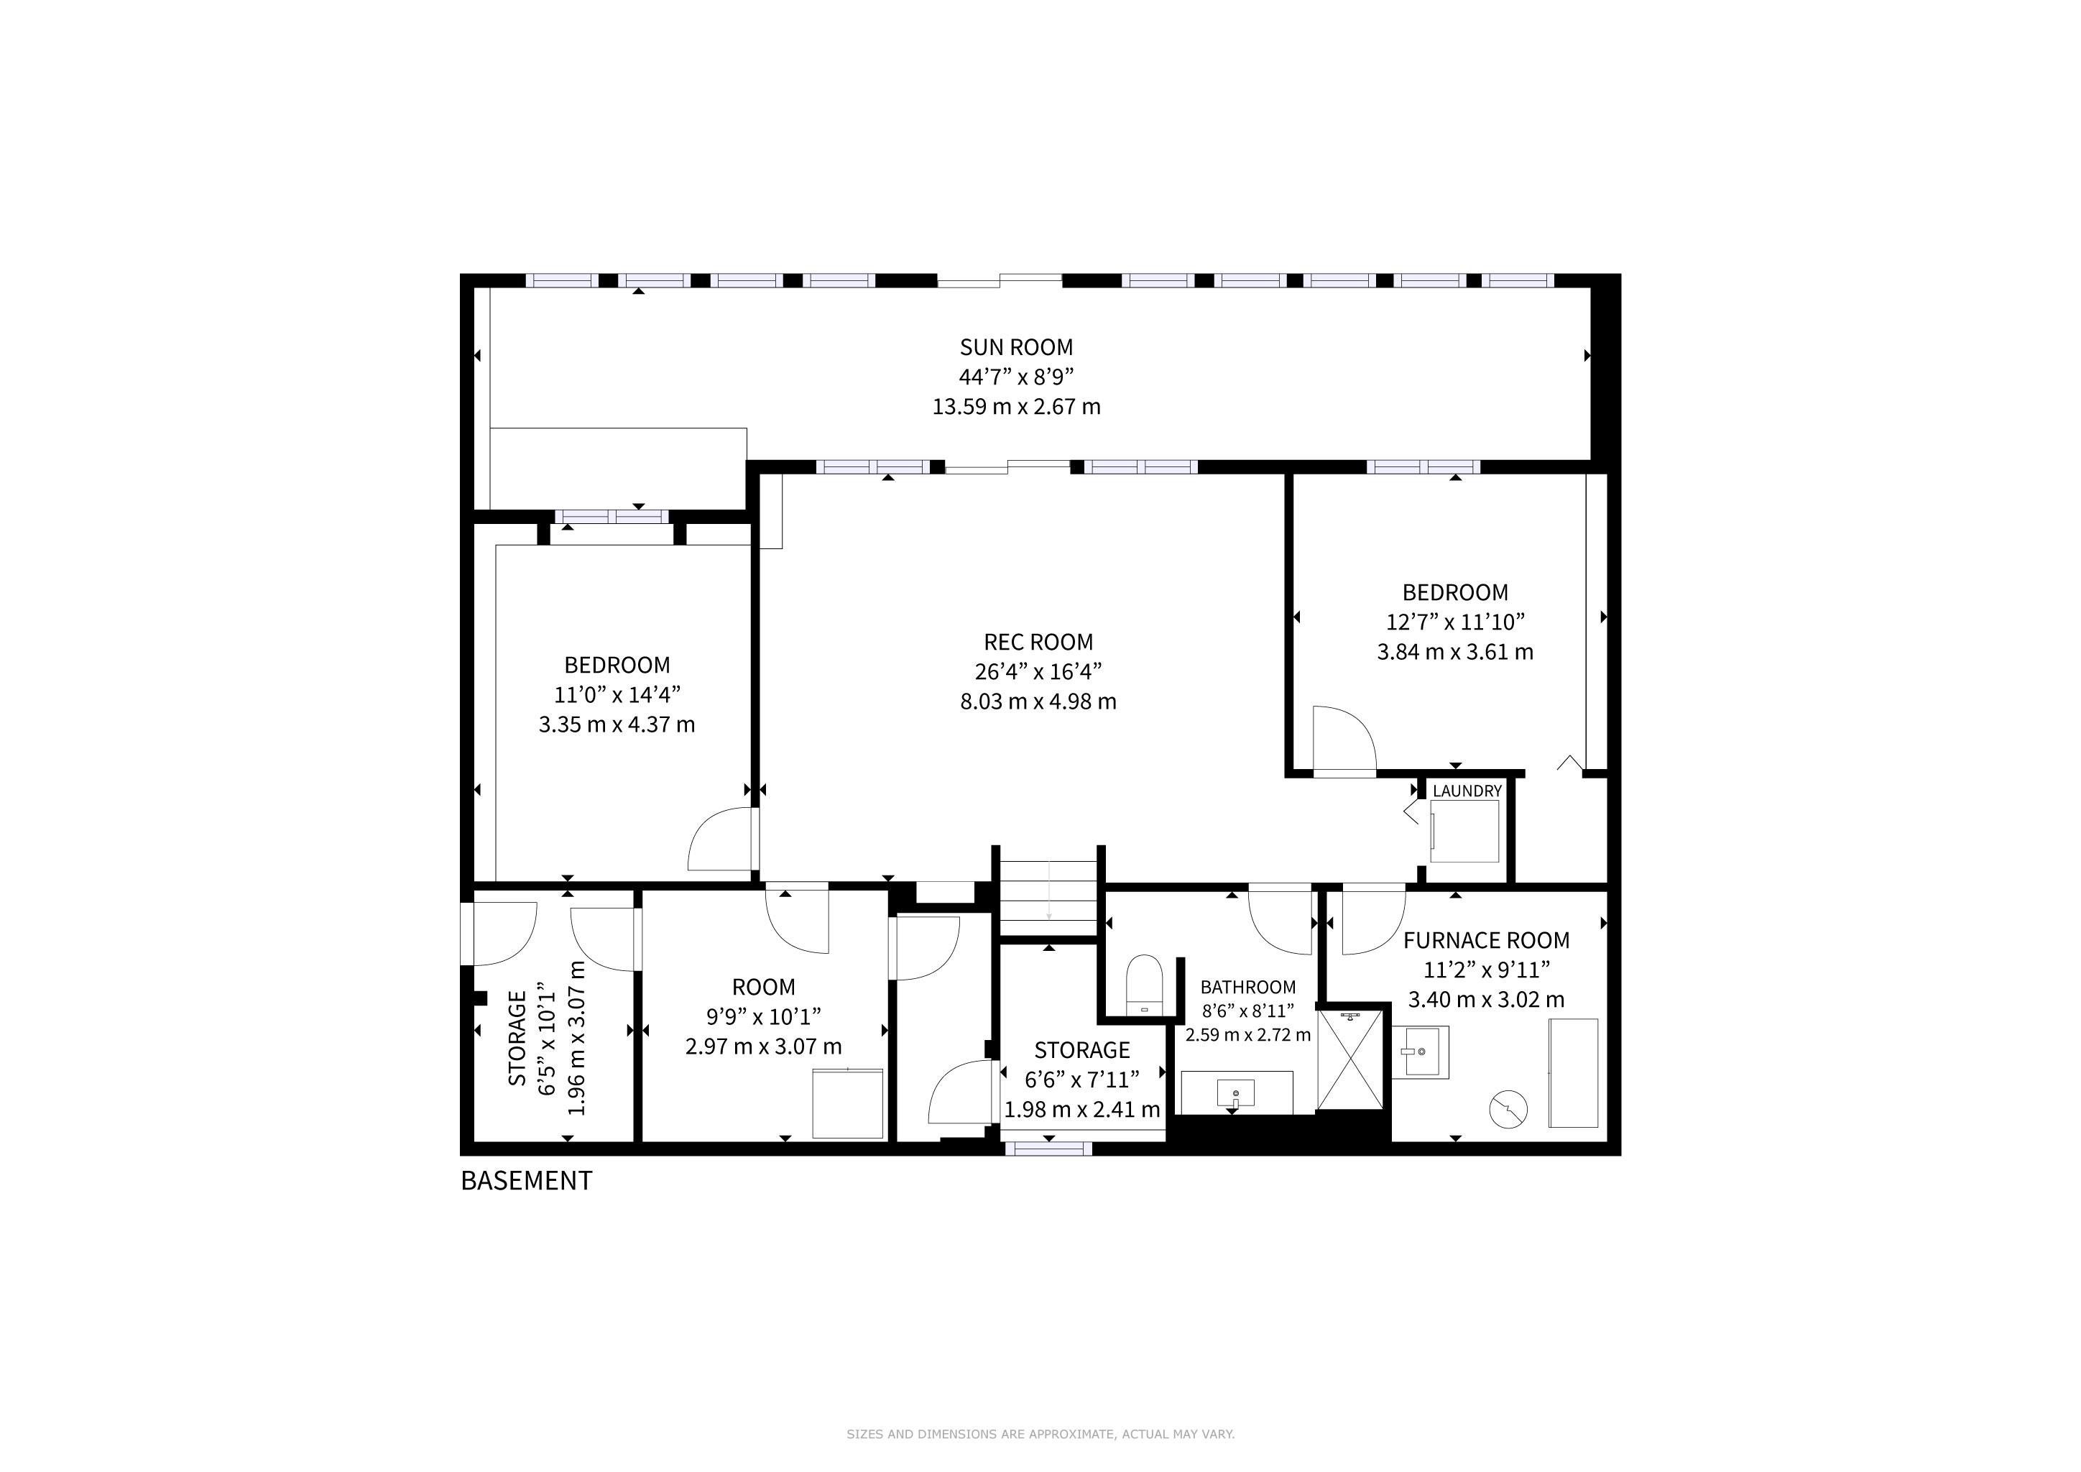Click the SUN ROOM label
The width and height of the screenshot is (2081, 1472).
[x=1016, y=347]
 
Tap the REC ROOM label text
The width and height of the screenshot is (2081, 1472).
[x=1038, y=643]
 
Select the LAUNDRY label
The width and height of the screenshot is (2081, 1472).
[x=1467, y=791]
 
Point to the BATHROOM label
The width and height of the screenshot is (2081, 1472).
[x=1248, y=987]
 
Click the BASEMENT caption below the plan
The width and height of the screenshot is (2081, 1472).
[x=526, y=1181]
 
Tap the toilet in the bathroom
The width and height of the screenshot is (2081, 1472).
[x=1144, y=985]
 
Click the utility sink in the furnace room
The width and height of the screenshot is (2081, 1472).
[x=1420, y=1052]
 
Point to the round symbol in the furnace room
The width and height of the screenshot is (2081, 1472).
[x=1508, y=1108]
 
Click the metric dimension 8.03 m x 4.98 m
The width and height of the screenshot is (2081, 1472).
[x=1038, y=701]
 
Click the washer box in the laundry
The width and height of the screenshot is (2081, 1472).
[x=1464, y=831]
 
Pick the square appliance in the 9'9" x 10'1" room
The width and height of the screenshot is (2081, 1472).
[x=847, y=1104]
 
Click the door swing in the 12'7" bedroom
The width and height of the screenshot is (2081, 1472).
[x=1344, y=740]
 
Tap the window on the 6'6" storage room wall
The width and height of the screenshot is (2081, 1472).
[x=1048, y=1149]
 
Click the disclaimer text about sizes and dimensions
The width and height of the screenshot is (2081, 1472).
[x=1040, y=1434]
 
